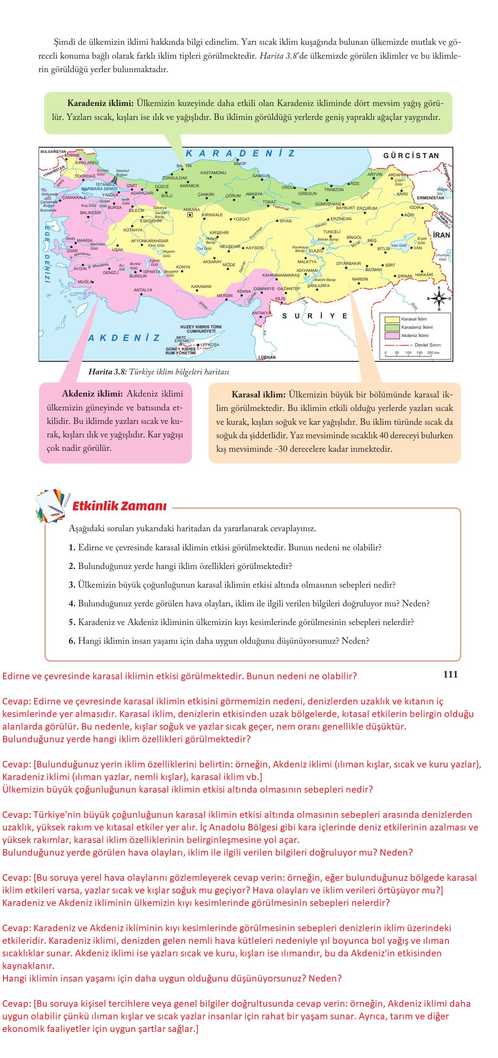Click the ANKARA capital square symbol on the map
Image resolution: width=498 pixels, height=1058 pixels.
(190, 215)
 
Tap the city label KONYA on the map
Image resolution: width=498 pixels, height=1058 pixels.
(183, 267)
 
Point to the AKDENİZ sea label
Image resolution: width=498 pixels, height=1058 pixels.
(124, 338)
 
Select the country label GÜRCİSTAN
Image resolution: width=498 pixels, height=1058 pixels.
(411, 155)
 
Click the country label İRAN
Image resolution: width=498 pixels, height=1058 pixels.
(442, 235)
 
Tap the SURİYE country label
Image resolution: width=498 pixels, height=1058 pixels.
(315, 316)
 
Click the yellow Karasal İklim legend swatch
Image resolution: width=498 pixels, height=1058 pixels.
(392, 319)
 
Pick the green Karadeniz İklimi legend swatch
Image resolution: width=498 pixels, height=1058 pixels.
(392, 327)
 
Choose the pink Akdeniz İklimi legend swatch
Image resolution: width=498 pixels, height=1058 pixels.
(392, 336)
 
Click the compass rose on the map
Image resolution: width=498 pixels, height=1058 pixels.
(439, 298)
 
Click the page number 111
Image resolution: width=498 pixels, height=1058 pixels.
(450, 674)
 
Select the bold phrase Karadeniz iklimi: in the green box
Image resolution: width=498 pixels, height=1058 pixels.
(100, 103)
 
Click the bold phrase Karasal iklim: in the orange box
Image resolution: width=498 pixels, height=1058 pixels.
(259, 395)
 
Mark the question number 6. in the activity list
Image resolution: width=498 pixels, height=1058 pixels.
(72, 641)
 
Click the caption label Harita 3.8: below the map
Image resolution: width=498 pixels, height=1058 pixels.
(107, 372)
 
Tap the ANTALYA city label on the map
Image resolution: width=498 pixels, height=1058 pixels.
(143, 290)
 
